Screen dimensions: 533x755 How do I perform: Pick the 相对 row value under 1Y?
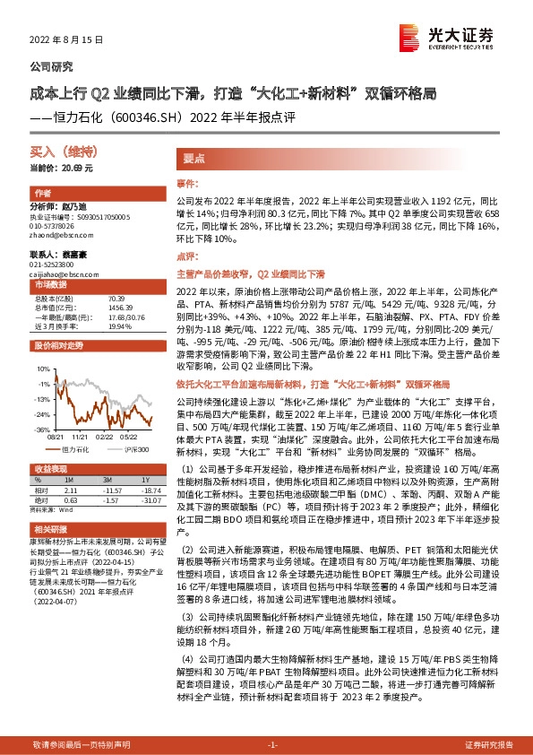[147, 491]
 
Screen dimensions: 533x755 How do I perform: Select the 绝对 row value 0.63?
[72, 500]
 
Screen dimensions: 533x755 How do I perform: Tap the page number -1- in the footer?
[273, 744]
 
